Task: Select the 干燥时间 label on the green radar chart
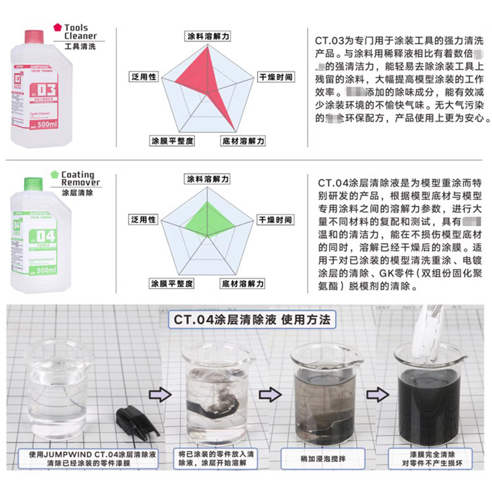click(x=274, y=220)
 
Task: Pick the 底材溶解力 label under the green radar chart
click(x=243, y=284)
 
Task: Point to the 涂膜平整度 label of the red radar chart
click(x=172, y=141)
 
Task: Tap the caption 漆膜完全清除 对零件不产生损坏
click(x=424, y=459)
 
